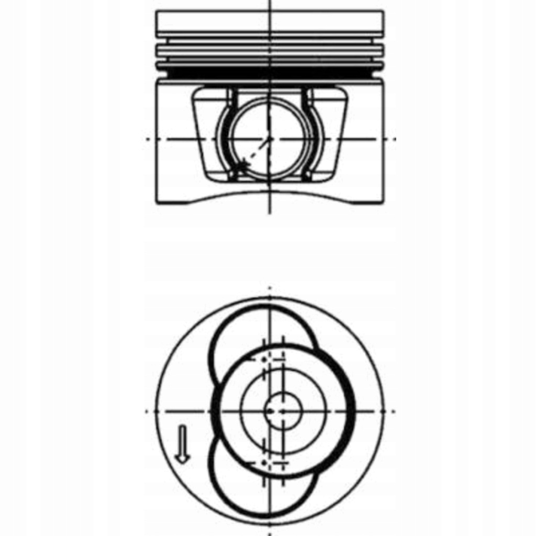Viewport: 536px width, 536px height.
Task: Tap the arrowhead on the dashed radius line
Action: pyautogui.click(x=240, y=166)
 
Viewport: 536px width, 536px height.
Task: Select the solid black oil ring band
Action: pyautogui.click(x=270, y=72)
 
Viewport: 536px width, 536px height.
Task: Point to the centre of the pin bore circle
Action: pyautogui.click(x=269, y=139)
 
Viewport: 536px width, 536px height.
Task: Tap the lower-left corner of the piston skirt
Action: pyautogui.click(x=157, y=202)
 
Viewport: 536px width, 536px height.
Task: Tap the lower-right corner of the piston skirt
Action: pyautogui.click(x=383, y=202)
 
